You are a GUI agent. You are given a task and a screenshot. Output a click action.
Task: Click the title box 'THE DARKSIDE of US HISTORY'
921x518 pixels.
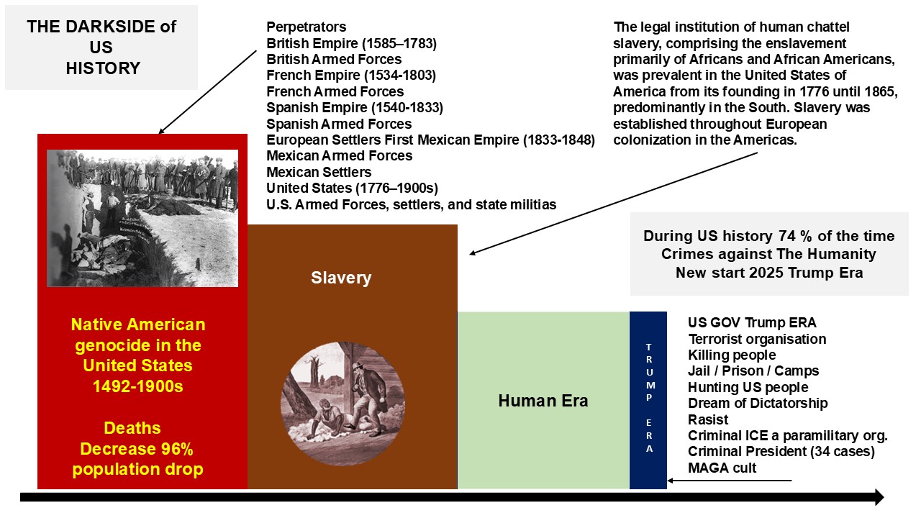pyautogui.click(x=101, y=47)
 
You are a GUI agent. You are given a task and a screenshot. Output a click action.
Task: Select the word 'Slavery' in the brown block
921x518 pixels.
pyautogui.click(x=341, y=278)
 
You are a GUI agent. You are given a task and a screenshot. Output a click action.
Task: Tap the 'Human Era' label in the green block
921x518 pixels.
pyautogui.click(x=543, y=401)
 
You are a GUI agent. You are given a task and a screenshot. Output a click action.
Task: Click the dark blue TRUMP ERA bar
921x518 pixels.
pyautogui.click(x=648, y=400)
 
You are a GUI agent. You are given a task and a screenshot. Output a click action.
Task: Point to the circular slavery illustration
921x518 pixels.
pyautogui.click(x=342, y=404)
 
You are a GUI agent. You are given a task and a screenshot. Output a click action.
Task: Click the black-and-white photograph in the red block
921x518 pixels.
pyautogui.click(x=142, y=218)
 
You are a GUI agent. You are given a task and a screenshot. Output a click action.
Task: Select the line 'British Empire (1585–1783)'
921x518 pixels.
pyautogui.click(x=352, y=43)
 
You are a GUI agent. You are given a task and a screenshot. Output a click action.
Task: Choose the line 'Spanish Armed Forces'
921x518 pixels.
pyautogui.click(x=339, y=124)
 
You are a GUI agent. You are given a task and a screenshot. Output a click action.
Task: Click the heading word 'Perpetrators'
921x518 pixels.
pyautogui.click(x=307, y=27)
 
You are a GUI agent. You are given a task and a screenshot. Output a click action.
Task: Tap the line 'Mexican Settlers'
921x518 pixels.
pyautogui.click(x=319, y=172)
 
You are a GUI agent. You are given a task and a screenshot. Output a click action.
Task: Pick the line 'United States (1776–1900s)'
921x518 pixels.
pyautogui.click(x=353, y=188)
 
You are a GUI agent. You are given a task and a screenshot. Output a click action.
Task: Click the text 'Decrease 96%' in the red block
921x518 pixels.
pyautogui.click(x=137, y=449)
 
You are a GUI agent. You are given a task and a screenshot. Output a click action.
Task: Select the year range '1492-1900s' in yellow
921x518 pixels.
pyautogui.click(x=137, y=386)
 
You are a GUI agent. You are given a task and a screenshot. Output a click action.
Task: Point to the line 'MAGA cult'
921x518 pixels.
pyautogui.click(x=722, y=468)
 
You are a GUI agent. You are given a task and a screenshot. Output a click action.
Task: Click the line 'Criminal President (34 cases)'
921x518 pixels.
pyautogui.click(x=781, y=451)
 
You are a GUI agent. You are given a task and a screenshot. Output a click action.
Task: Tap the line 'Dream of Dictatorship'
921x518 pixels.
pyautogui.click(x=758, y=404)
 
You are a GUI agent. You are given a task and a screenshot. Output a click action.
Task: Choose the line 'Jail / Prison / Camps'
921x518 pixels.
pyautogui.click(x=753, y=371)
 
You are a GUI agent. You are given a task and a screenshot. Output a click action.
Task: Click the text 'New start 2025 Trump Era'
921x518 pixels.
pyautogui.click(x=769, y=273)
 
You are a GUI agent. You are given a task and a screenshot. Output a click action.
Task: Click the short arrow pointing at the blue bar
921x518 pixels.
pyautogui.click(x=729, y=480)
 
